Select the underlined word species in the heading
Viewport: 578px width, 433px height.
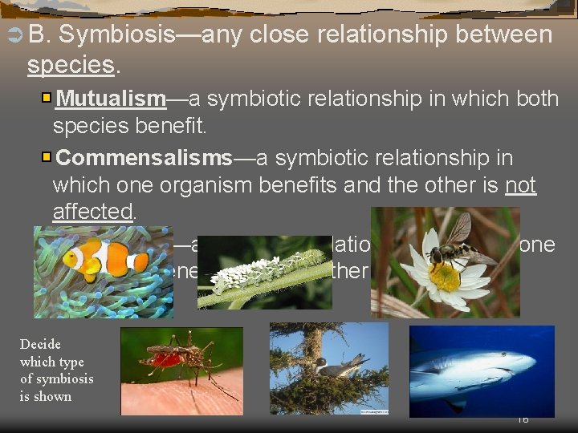pos(71,65)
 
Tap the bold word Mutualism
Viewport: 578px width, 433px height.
pos(112,99)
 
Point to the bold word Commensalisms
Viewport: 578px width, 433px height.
pos(144,157)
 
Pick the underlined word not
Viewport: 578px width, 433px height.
pos(520,185)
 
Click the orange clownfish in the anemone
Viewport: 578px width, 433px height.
pos(104,258)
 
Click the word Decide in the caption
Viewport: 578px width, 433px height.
pos(40,344)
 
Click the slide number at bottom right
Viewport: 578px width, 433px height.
pos(523,419)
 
